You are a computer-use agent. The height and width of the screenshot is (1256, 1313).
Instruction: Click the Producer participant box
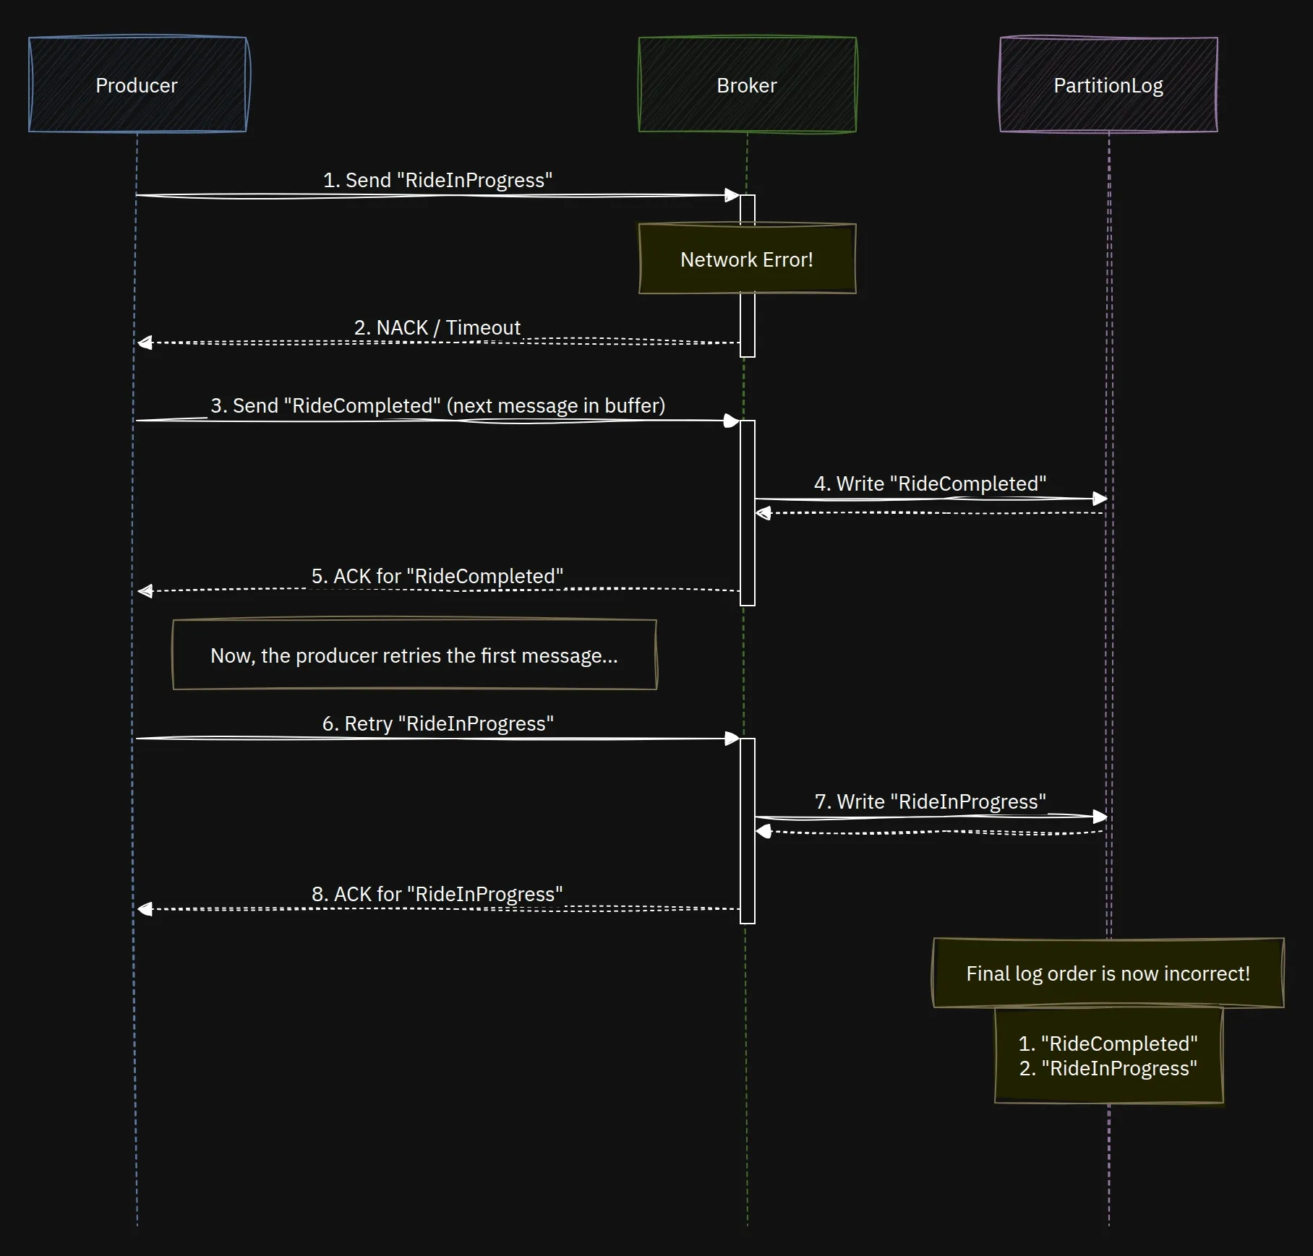137,85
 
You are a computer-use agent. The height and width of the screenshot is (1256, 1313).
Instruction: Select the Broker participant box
747,85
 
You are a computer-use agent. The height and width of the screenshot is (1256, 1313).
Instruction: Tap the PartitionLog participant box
1108,85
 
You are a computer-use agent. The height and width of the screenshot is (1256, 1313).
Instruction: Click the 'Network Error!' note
747,259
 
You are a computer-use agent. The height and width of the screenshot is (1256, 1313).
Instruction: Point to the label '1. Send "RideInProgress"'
437,180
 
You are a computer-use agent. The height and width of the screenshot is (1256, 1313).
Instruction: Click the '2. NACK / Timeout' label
437,327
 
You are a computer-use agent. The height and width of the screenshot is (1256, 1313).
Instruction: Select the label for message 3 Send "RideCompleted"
437,405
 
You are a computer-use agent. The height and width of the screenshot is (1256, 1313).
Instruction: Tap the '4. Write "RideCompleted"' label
930,483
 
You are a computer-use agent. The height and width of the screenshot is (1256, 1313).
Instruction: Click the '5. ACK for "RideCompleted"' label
437,576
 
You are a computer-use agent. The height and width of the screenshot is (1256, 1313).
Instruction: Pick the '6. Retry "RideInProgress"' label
437,723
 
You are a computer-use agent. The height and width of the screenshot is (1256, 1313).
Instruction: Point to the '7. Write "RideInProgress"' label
930,801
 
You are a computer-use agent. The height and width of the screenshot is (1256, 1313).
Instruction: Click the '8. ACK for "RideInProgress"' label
437,894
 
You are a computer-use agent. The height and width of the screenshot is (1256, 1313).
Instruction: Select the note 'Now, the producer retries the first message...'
414,655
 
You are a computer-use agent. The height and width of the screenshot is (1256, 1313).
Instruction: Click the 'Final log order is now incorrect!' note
1108,973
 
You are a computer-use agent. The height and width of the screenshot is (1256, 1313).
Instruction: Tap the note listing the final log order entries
1108,1056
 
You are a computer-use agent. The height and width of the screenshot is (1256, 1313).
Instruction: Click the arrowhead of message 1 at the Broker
732,195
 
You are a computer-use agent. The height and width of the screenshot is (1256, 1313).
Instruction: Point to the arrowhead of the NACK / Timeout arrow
145,343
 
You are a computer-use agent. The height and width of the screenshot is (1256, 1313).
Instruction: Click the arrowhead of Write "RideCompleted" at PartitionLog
1100,499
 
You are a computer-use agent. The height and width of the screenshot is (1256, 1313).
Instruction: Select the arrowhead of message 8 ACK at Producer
145,909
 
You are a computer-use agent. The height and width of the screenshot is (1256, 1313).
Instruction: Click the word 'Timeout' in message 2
483,327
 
